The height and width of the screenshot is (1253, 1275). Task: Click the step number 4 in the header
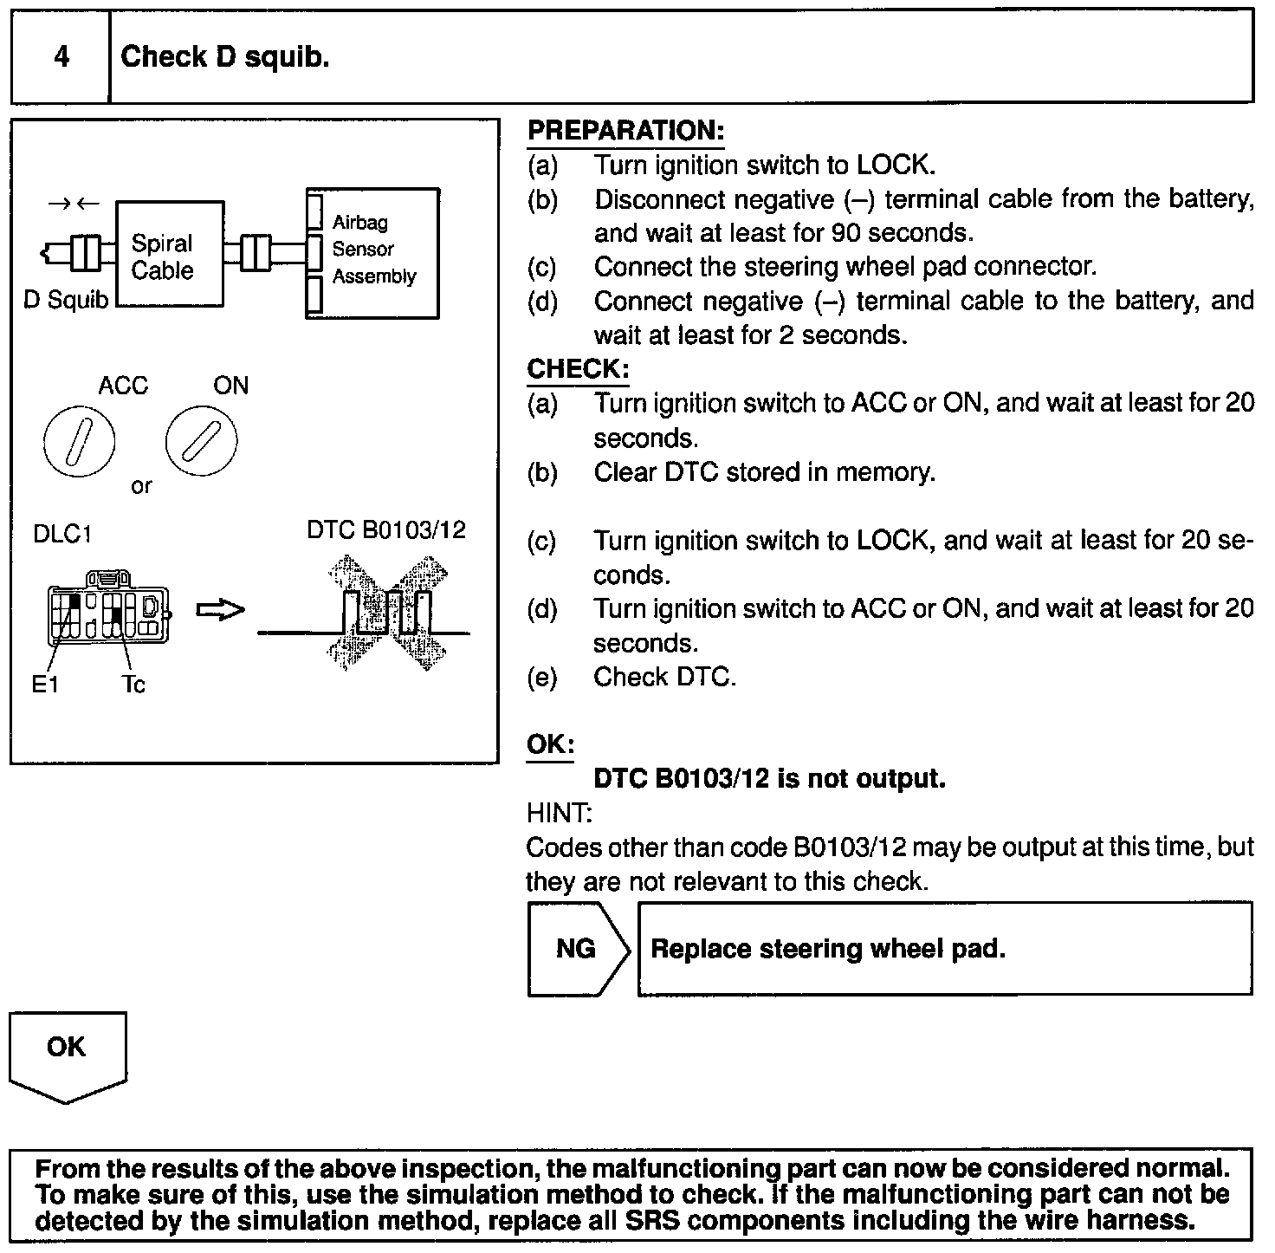pos(61,57)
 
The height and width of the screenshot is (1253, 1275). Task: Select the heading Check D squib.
pos(225,57)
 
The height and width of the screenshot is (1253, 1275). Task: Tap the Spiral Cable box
pos(169,254)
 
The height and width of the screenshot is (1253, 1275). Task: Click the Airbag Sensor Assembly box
pos(373,253)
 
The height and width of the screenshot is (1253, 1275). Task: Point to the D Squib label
pos(66,301)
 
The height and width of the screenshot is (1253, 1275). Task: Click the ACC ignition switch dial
pos(78,442)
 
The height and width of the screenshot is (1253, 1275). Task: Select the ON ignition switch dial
pos(200,442)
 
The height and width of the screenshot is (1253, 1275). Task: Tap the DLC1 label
pos(62,534)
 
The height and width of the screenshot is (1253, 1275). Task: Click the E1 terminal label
pos(45,685)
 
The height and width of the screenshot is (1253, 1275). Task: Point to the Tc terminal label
pos(133,685)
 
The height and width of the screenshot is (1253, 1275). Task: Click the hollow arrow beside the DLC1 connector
pos(220,611)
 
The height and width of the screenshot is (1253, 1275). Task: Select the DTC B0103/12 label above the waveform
pos(386,530)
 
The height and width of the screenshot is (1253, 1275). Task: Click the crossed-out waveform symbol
pos(386,614)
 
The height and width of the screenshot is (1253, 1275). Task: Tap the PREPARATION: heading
pos(625,131)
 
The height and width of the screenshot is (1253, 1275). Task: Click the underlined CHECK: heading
pos(578,369)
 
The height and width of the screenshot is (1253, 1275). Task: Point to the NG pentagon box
pos(577,949)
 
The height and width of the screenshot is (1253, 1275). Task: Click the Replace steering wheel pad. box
pos(944,949)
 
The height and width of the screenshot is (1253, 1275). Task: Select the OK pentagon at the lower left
pos(67,1053)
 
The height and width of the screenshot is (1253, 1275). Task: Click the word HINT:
pos(559,813)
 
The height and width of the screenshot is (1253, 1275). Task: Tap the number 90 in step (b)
pos(845,233)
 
